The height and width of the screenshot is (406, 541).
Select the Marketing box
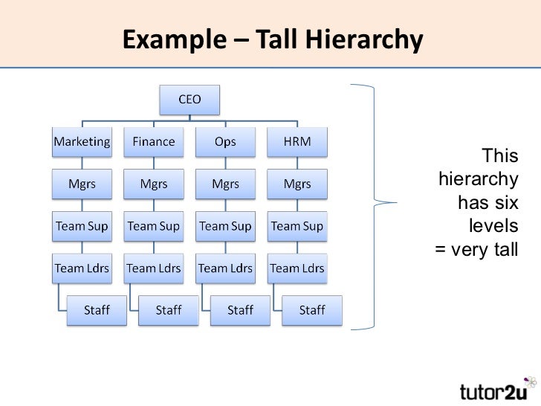click(x=82, y=141)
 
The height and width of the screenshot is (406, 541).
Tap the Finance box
click(x=153, y=141)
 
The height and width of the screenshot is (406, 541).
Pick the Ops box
click(x=225, y=141)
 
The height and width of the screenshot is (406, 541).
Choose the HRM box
click(x=297, y=141)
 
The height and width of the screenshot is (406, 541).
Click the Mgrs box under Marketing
click(x=82, y=184)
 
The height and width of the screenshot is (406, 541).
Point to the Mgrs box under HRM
click(x=297, y=184)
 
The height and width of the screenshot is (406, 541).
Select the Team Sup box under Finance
click(x=153, y=226)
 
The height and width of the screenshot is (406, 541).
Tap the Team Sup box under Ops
click(x=225, y=226)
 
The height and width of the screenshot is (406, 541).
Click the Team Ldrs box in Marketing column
click(x=82, y=268)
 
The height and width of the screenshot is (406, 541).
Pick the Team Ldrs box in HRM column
click(x=297, y=268)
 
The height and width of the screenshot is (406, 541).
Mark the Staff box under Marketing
click(x=96, y=310)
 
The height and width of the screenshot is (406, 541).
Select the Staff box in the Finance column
click(x=168, y=310)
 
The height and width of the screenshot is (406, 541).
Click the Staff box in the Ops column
click(x=239, y=310)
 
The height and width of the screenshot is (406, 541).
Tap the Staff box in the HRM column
click(x=311, y=310)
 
